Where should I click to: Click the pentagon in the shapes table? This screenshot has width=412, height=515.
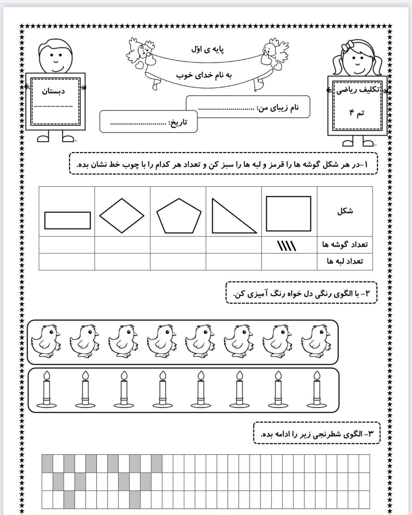click(179, 216)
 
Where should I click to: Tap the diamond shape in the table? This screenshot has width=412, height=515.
click(122, 216)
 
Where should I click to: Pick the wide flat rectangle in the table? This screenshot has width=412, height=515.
click(68, 220)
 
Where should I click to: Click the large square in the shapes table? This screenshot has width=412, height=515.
click(288, 213)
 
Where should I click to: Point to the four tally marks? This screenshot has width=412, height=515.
click(287, 245)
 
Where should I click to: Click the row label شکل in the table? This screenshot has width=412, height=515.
click(345, 211)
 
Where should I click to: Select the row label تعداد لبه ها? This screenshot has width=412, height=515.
click(345, 261)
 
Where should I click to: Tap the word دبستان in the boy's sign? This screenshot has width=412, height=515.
click(54, 92)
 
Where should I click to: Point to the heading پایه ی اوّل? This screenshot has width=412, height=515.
click(208, 49)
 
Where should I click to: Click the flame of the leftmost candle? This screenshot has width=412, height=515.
click(47, 375)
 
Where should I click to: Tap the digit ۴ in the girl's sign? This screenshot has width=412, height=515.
click(352, 113)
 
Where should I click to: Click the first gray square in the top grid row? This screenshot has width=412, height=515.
click(47, 463)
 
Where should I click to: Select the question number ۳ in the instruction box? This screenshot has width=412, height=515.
click(371, 434)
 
